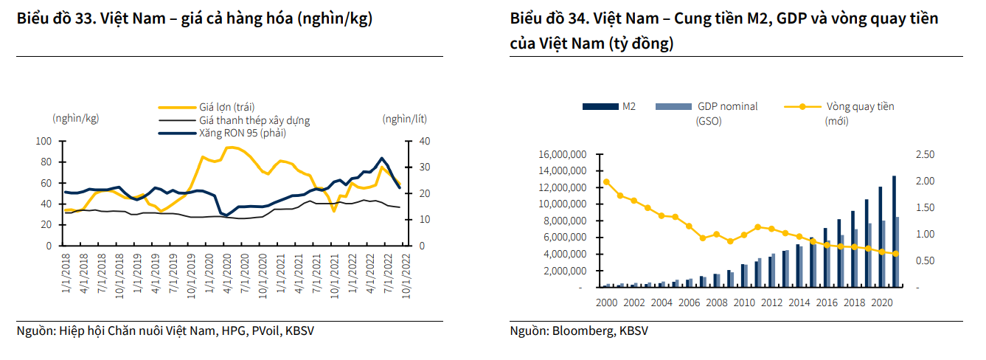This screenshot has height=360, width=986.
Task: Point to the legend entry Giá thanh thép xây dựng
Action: tap(254, 120)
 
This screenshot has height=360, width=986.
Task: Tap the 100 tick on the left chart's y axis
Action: tap(44, 141)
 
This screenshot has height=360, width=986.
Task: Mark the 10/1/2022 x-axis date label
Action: tap(404, 272)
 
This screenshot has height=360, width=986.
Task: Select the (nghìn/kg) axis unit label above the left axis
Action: tap(75, 118)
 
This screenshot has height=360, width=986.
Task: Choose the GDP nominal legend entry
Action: tap(727, 106)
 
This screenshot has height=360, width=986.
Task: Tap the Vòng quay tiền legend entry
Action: tap(860, 106)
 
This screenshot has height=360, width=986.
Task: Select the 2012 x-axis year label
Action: tap(772, 302)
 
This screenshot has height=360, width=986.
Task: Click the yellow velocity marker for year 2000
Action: tap(606, 181)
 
